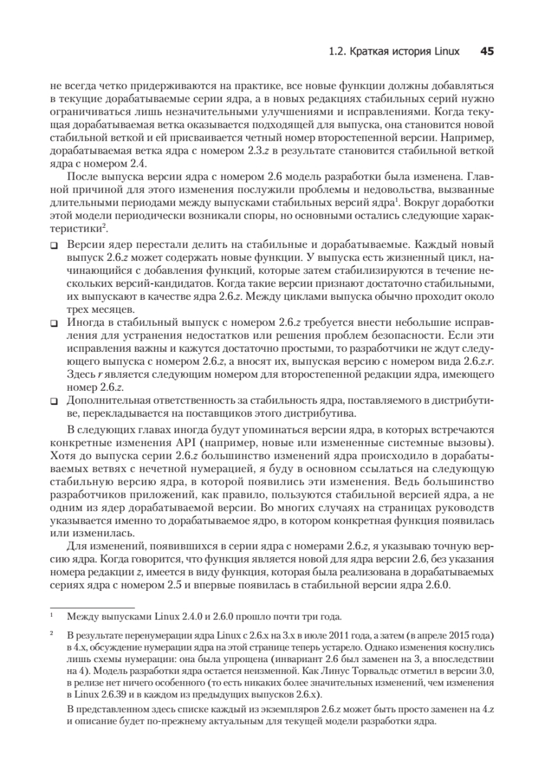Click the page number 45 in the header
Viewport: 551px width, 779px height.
(487, 51)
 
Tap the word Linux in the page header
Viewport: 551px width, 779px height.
(445, 52)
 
